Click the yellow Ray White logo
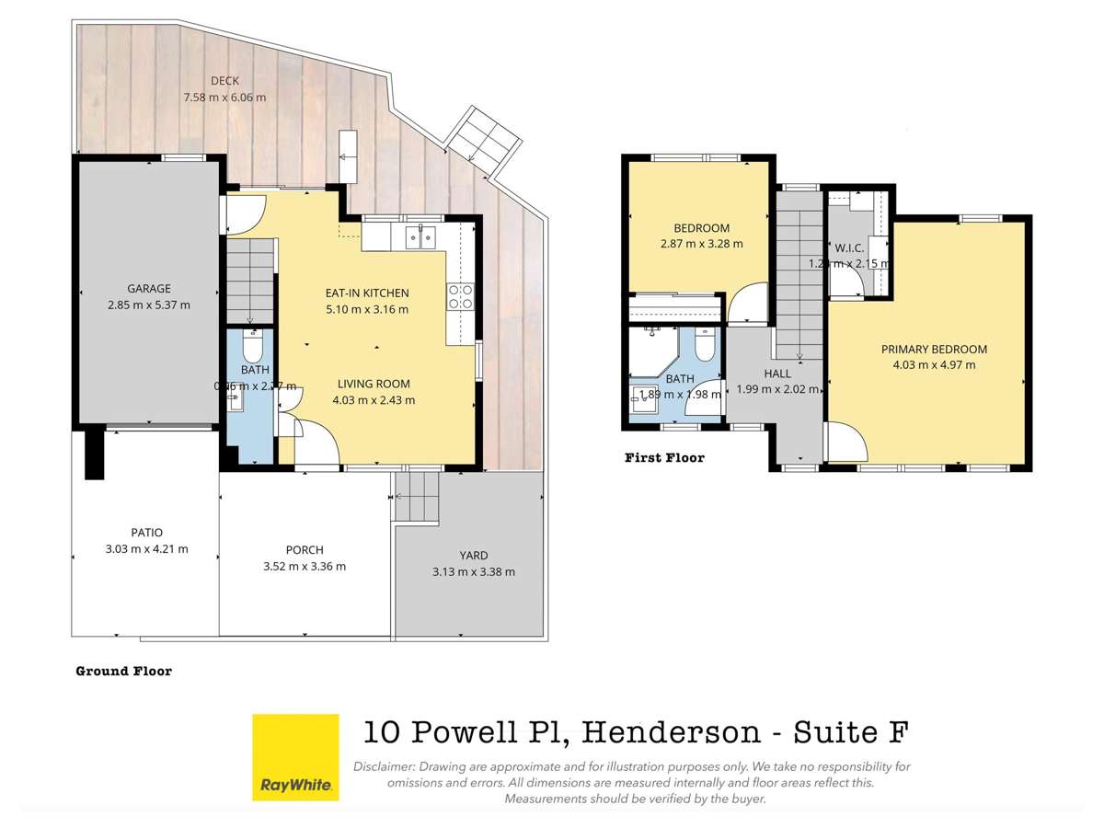point(296,757)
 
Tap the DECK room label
point(224,81)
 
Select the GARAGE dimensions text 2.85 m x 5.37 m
point(150,305)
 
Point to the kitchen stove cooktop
point(460,295)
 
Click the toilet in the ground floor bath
point(251,348)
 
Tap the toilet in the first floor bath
point(704,346)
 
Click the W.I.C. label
point(847,247)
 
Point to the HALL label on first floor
point(776,374)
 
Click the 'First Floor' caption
point(664,457)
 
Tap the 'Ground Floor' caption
point(123,672)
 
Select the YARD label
point(474,555)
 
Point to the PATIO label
point(146,532)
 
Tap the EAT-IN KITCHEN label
point(366,293)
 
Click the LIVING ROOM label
point(373,384)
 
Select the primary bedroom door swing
point(846,443)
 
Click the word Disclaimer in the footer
point(383,766)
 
